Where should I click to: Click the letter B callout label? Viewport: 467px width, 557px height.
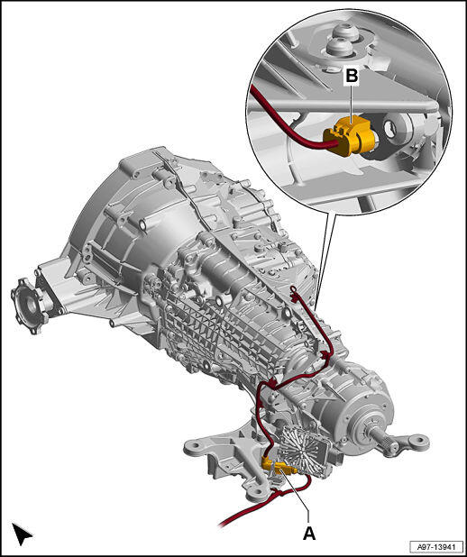pyautogui.click(x=352, y=76)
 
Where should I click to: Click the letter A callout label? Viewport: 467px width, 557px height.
pyautogui.click(x=309, y=533)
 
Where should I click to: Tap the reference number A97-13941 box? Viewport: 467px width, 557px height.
pyautogui.click(x=436, y=546)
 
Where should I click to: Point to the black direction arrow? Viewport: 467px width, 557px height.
pyautogui.click(x=22, y=533)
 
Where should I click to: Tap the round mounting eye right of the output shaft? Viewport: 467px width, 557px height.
pyautogui.click(x=418, y=443)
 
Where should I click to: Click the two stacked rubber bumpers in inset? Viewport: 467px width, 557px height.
pyautogui.click(x=342, y=40)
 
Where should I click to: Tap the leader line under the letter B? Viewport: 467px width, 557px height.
pyautogui.click(x=351, y=104)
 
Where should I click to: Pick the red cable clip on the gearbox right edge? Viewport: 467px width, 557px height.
pyautogui.click(x=325, y=355)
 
